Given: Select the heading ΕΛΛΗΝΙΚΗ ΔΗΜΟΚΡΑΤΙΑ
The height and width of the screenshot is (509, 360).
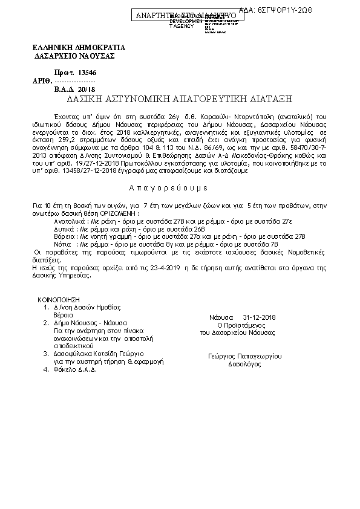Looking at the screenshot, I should coord(78,47).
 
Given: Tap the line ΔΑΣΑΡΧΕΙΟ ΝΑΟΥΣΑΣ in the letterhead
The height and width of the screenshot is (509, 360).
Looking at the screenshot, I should coord(75,56).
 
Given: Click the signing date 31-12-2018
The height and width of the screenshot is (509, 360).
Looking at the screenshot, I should coord(259,317).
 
